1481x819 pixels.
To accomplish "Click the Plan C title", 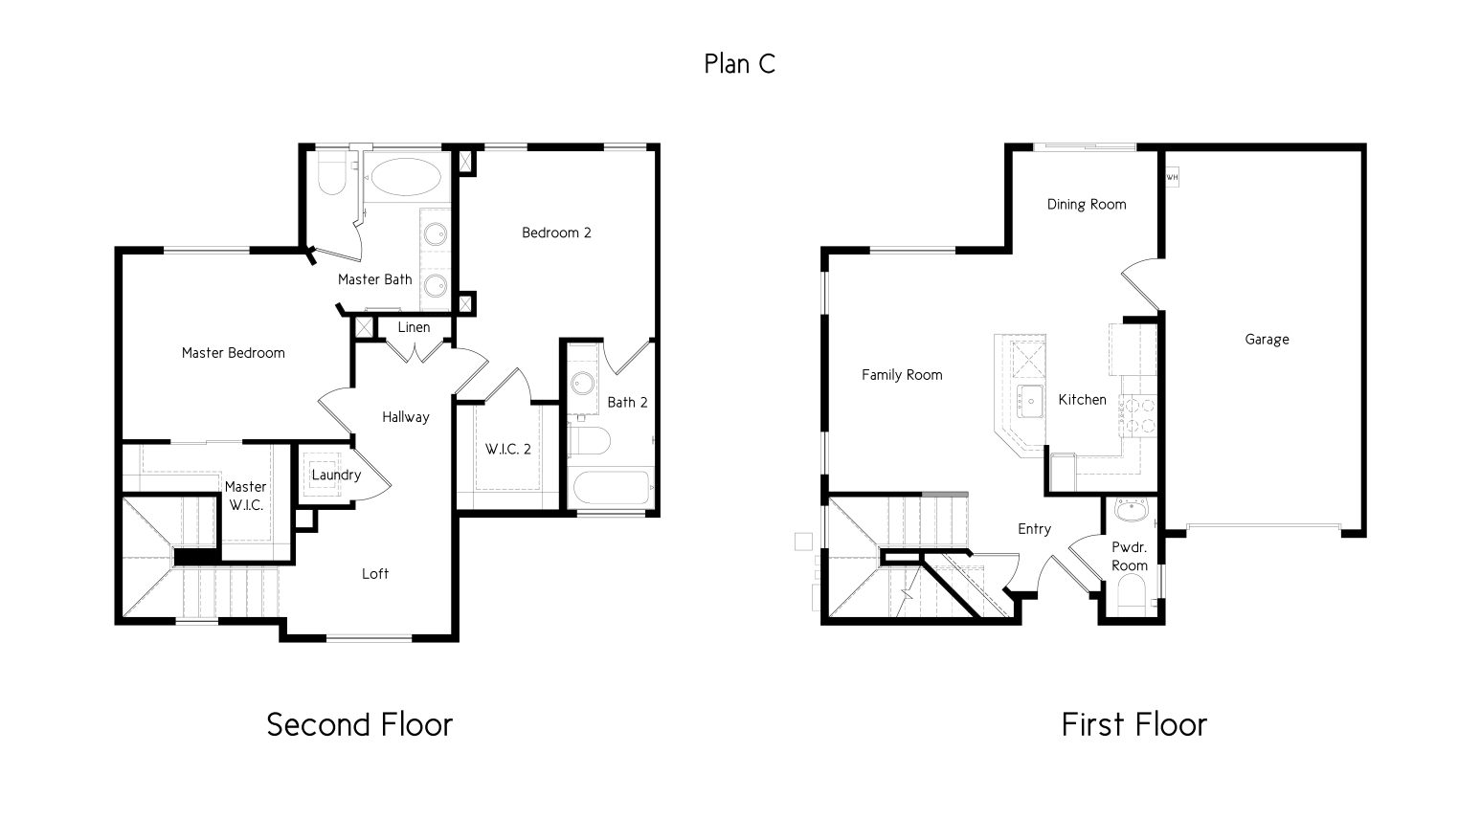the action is (x=739, y=64).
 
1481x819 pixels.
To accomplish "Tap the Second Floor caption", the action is (x=359, y=724).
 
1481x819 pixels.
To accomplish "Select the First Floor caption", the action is (x=1133, y=724).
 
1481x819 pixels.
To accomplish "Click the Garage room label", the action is (x=1267, y=340).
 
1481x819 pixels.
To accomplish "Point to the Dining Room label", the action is (x=1086, y=204).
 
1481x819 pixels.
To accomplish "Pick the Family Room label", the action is (x=902, y=375).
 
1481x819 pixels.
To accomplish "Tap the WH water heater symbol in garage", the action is (x=1172, y=177).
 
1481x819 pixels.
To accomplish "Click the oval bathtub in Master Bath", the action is (x=407, y=177).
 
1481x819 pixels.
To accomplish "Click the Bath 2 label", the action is (x=627, y=402).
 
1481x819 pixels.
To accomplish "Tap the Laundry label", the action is (x=336, y=476).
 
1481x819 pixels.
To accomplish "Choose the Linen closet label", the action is (x=414, y=327).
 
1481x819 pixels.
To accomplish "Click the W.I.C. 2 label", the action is (x=507, y=449).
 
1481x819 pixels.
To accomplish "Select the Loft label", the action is (x=375, y=574).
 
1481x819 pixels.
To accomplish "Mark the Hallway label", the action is (x=406, y=417).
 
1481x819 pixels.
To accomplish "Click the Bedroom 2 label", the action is (x=556, y=232).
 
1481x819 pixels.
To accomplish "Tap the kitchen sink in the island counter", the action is (x=1030, y=402).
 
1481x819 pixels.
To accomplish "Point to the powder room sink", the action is (x=1132, y=511).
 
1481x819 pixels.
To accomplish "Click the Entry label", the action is (x=1034, y=529).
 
